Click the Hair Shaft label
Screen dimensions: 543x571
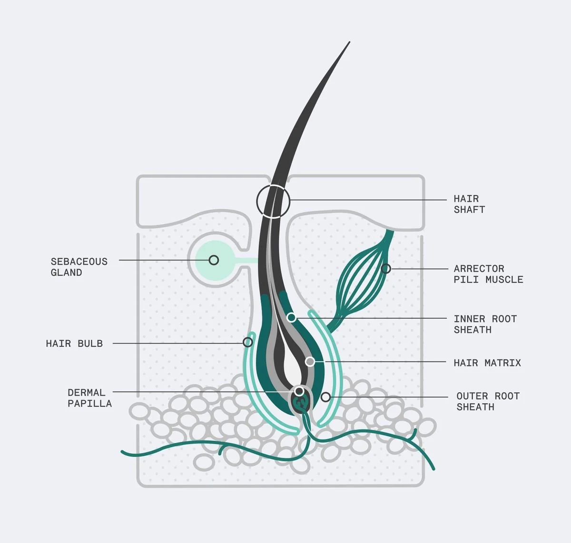click(469, 204)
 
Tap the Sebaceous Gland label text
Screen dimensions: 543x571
click(79, 267)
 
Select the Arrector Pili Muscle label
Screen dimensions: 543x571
click(488, 274)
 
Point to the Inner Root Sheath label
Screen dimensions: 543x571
click(484, 324)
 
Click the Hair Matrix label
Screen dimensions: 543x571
click(487, 363)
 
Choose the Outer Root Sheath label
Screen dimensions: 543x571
click(487, 401)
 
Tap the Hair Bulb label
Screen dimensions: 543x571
click(74, 343)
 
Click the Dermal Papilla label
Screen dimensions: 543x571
click(89, 398)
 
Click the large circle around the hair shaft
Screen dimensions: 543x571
click(273, 201)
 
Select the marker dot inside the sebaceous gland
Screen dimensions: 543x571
click(214, 260)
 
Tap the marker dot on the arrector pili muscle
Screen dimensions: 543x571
click(386, 269)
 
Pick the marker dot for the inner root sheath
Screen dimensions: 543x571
click(291, 317)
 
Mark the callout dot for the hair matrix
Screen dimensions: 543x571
click(310, 362)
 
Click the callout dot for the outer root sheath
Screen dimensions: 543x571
click(325, 397)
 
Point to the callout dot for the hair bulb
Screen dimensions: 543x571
click(247, 342)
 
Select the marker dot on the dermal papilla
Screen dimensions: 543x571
click(299, 391)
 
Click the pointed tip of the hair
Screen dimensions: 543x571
click(349, 42)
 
